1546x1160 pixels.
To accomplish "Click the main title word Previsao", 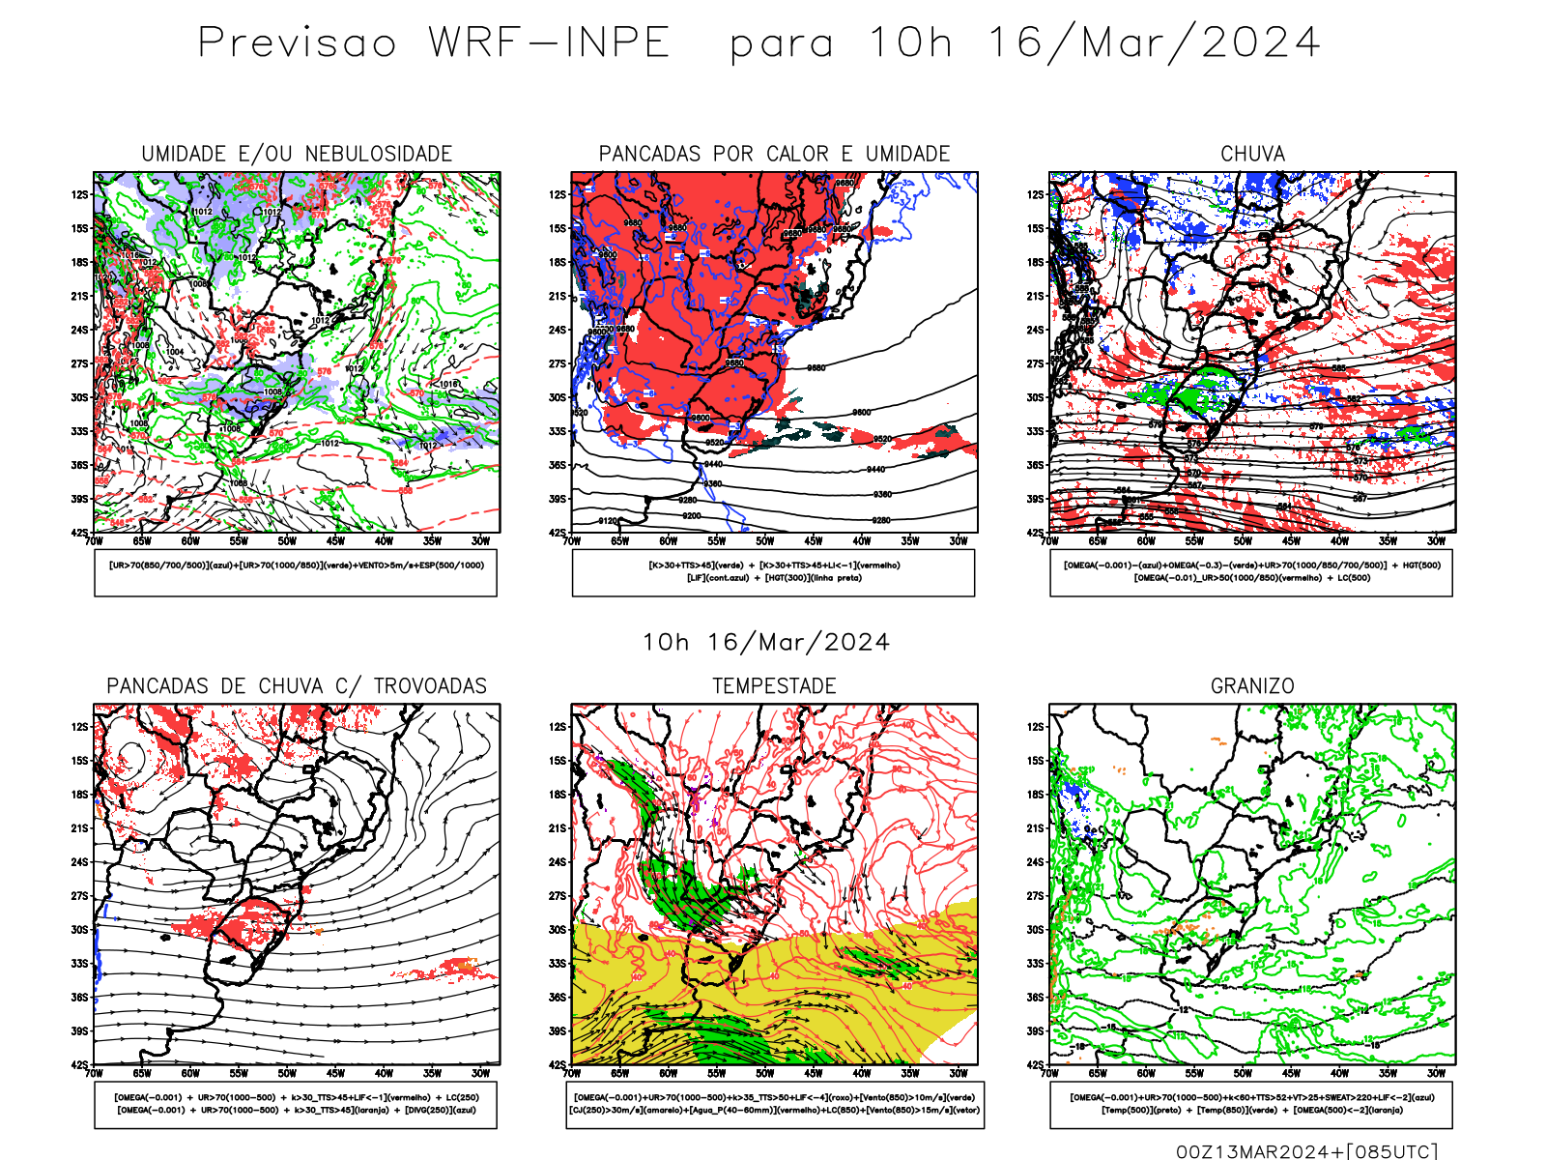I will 297,43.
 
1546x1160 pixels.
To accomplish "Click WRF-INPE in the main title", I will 549,43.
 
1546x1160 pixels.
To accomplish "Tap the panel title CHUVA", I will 1252,154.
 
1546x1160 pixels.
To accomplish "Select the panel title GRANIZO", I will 1252,686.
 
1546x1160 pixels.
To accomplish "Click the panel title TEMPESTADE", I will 774,686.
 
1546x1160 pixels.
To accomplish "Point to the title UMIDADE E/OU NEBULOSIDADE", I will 297,154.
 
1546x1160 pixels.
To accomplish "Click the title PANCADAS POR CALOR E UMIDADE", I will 774,154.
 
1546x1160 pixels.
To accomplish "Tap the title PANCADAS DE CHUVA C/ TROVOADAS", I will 297,686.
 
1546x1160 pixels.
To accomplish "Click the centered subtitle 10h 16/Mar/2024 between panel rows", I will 766,643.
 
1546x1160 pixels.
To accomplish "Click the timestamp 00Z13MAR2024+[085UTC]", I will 1306,1151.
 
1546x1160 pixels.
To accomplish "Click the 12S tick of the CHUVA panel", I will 1036,195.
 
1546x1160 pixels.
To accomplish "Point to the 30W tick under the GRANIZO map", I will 1437,1073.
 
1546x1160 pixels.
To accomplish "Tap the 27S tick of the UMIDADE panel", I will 79,364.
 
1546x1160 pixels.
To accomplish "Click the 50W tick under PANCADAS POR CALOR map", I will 765,541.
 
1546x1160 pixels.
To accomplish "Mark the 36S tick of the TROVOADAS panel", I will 79,998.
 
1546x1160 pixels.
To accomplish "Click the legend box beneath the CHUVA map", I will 1251,572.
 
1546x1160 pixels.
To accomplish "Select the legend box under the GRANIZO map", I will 1251,1104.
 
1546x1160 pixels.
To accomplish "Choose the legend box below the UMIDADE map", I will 296,572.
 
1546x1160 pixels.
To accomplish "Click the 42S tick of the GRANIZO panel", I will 1036,1065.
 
